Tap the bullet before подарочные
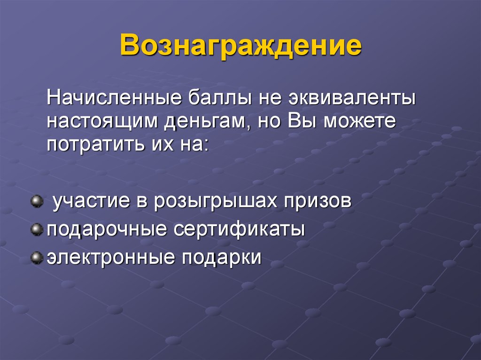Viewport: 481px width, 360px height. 36,230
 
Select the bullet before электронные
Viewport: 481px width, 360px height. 36,257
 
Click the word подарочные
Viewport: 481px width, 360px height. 106,230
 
